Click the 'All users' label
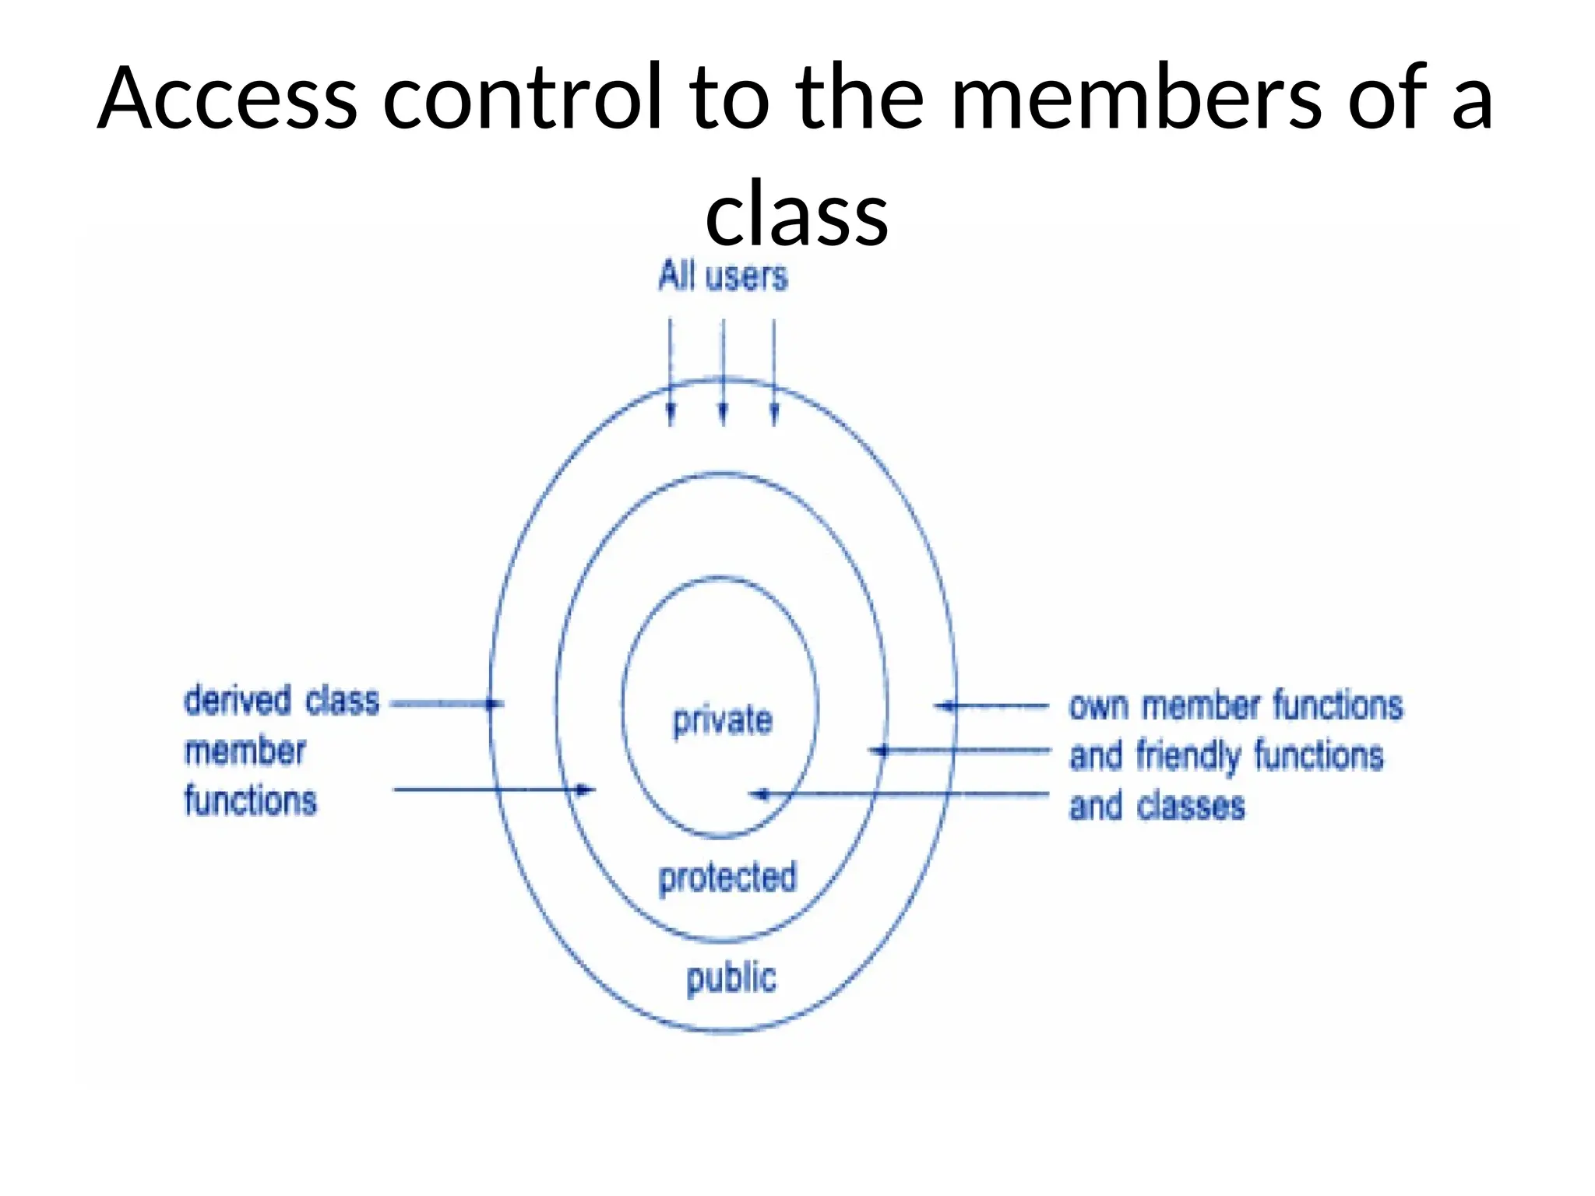point(723,276)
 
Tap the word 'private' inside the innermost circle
point(723,720)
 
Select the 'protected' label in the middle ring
point(727,878)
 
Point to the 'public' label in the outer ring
point(731,978)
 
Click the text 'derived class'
point(281,701)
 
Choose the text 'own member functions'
point(1235,705)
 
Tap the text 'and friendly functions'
point(1226,756)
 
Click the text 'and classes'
point(1157,806)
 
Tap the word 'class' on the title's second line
point(796,212)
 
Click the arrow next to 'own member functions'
point(992,706)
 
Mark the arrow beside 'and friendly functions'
point(959,751)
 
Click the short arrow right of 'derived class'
point(446,704)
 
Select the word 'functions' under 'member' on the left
point(250,801)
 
